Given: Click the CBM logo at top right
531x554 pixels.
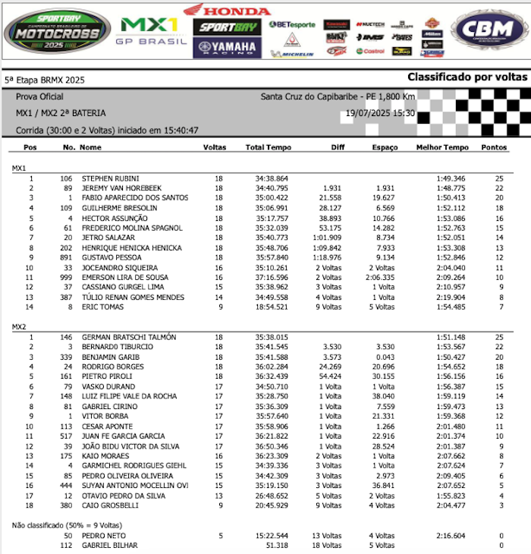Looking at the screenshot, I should click(488, 30).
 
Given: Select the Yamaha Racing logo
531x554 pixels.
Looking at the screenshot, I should click(227, 48).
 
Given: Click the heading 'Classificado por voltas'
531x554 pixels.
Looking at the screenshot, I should click(466, 77).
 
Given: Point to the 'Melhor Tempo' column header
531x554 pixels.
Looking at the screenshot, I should click(442, 147).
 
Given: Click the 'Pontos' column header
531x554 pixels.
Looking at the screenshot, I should click(496, 147).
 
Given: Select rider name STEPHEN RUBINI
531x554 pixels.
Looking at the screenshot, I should click(110, 178).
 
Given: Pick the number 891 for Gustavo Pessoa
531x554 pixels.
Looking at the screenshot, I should click(67, 257).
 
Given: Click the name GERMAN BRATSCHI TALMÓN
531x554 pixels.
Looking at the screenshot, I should click(128, 337).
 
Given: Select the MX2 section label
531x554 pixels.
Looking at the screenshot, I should click(20, 326).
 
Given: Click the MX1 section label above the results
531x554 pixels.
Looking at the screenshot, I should click(20, 168).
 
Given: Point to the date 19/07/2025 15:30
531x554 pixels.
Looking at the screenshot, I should click(379, 113).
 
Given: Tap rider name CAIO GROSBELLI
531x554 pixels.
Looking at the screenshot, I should click(111, 505).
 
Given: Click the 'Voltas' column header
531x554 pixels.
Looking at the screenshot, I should click(215, 147).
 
